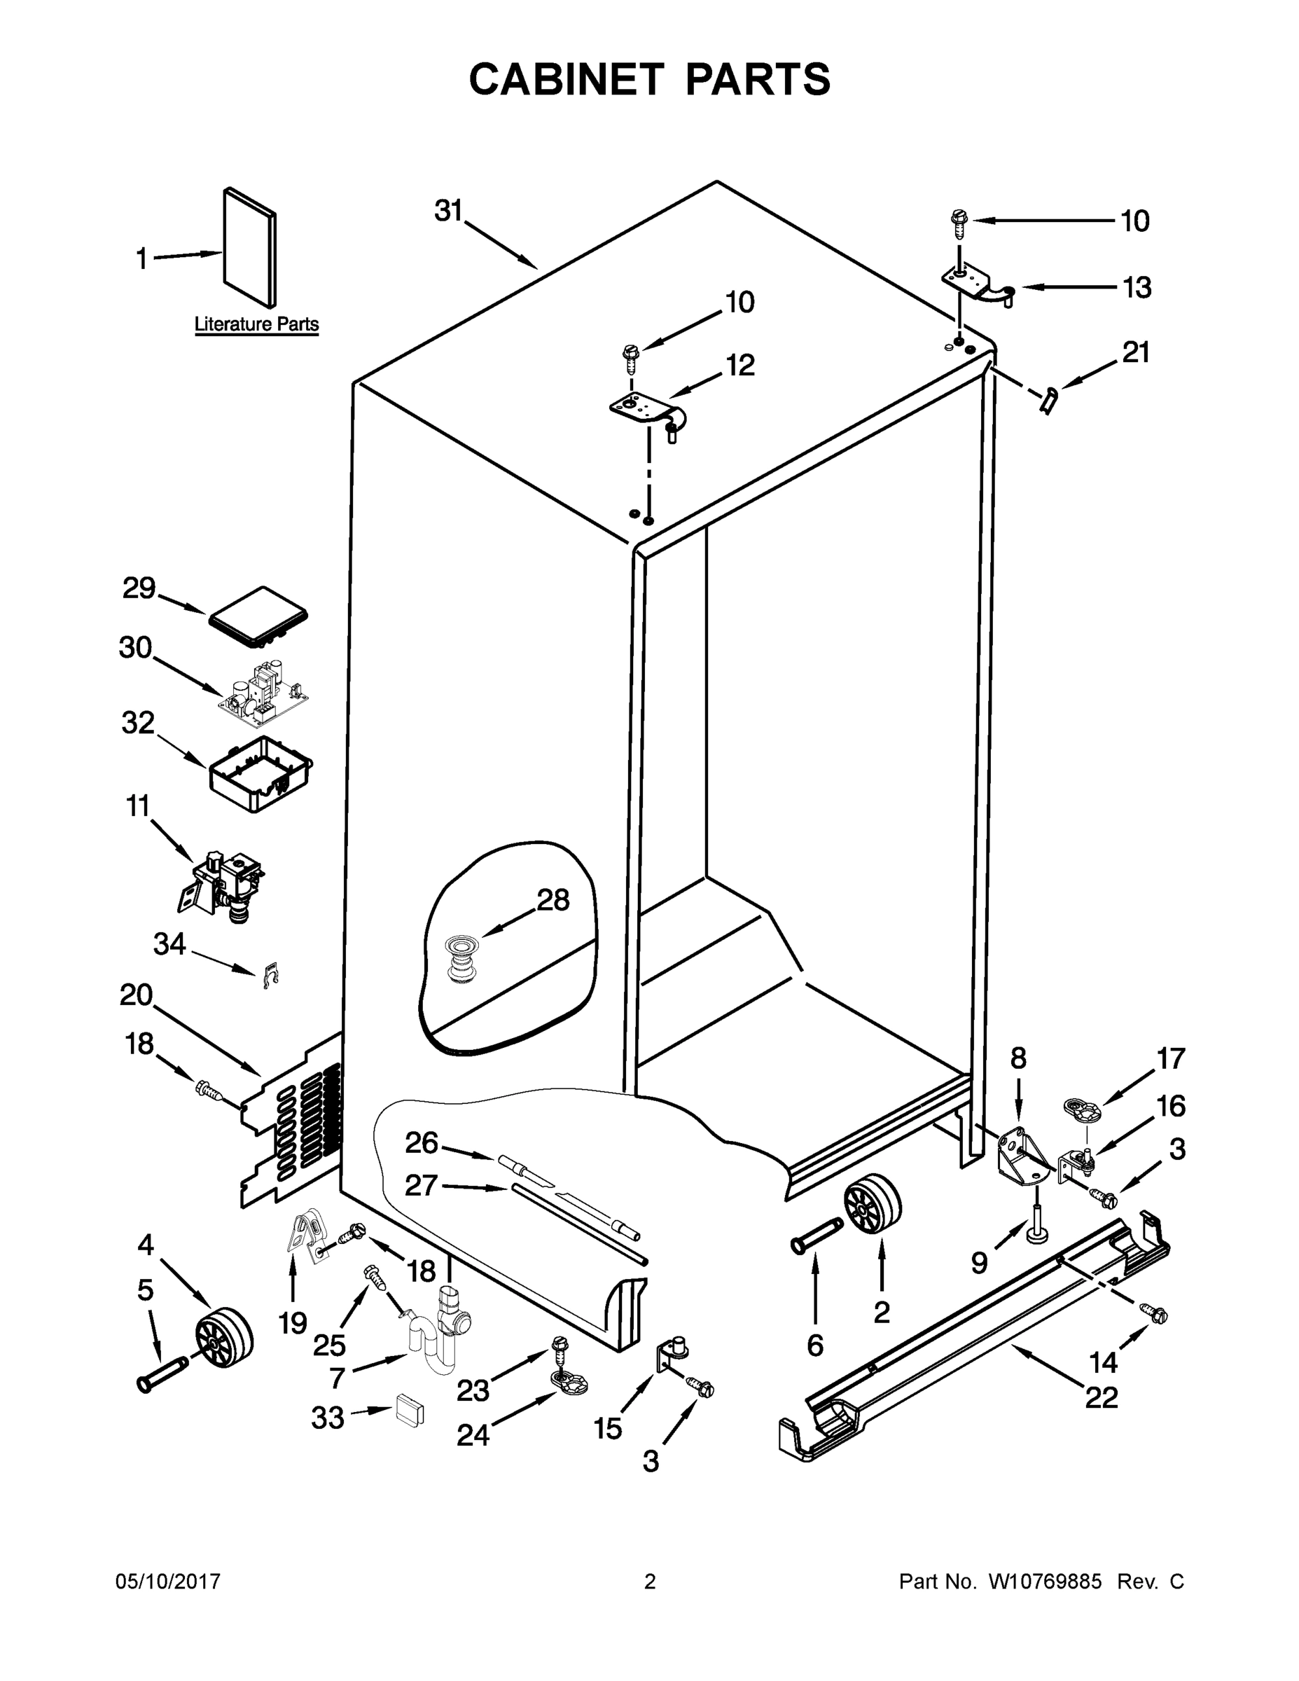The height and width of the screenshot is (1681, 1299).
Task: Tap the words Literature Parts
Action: click(x=256, y=324)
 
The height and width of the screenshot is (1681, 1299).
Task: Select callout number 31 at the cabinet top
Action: click(x=448, y=210)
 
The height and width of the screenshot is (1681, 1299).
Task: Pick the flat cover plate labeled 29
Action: click(x=258, y=614)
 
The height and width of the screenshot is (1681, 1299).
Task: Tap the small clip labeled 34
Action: click(x=270, y=975)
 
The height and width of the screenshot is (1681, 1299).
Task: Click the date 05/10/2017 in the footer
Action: click(x=168, y=1582)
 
